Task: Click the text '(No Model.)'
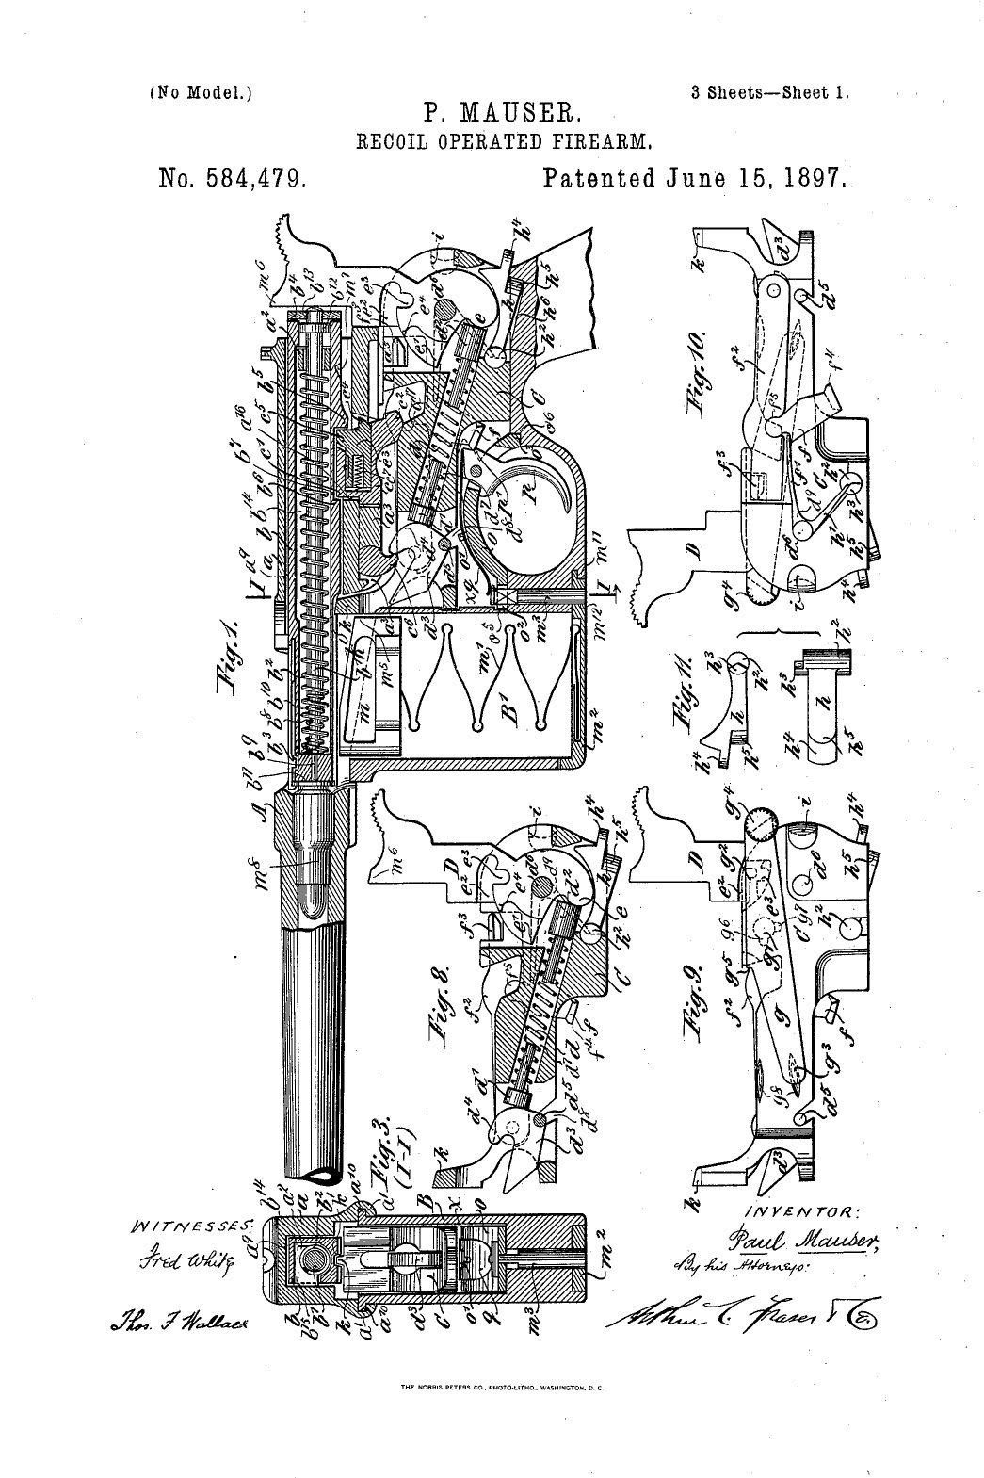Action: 202,92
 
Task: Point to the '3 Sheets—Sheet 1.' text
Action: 770,92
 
